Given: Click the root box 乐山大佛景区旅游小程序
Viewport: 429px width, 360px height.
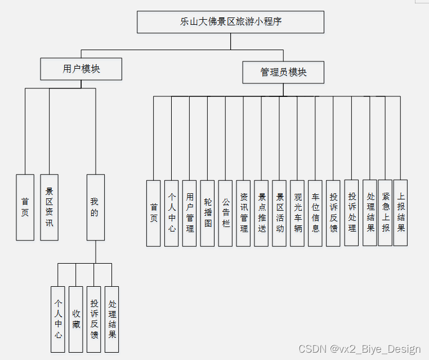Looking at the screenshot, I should point(230,22).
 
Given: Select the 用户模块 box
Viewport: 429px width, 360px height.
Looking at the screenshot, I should point(81,69).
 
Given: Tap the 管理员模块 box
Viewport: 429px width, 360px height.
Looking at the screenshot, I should point(283,72).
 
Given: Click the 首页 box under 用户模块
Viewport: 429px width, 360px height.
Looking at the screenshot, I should point(25,207).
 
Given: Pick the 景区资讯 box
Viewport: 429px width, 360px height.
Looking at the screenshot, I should point(49,207).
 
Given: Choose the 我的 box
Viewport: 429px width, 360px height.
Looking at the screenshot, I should point(95,207).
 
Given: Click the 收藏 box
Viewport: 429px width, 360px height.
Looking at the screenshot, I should point(76,319).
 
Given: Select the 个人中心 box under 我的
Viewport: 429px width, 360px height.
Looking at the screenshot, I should point(58,319).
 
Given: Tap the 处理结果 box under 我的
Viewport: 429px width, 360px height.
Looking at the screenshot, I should point(112,319).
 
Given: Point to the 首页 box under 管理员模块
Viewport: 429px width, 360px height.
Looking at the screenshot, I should point(154,213).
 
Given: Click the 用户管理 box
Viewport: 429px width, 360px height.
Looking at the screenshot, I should point(190,213).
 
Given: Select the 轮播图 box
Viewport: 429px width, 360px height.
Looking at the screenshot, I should point(208,213).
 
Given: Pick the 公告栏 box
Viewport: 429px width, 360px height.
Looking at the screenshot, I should point(226,213).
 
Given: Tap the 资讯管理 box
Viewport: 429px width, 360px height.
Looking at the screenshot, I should point(243,213).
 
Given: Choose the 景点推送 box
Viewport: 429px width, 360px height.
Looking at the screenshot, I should point(261,213).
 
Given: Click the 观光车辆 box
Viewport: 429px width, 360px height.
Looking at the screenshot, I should point(297,213).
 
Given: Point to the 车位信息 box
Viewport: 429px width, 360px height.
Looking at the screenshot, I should point(315,213).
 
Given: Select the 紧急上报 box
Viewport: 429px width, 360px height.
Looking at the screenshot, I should point(385,212).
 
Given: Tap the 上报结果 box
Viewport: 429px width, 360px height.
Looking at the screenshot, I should point(400,212).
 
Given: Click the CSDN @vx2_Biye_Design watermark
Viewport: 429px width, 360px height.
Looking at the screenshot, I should point(359,349).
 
